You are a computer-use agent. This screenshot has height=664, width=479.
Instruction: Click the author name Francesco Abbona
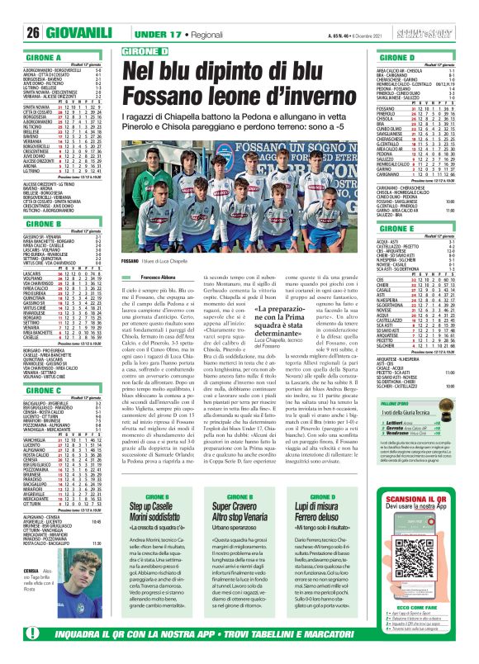pos(141,277)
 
